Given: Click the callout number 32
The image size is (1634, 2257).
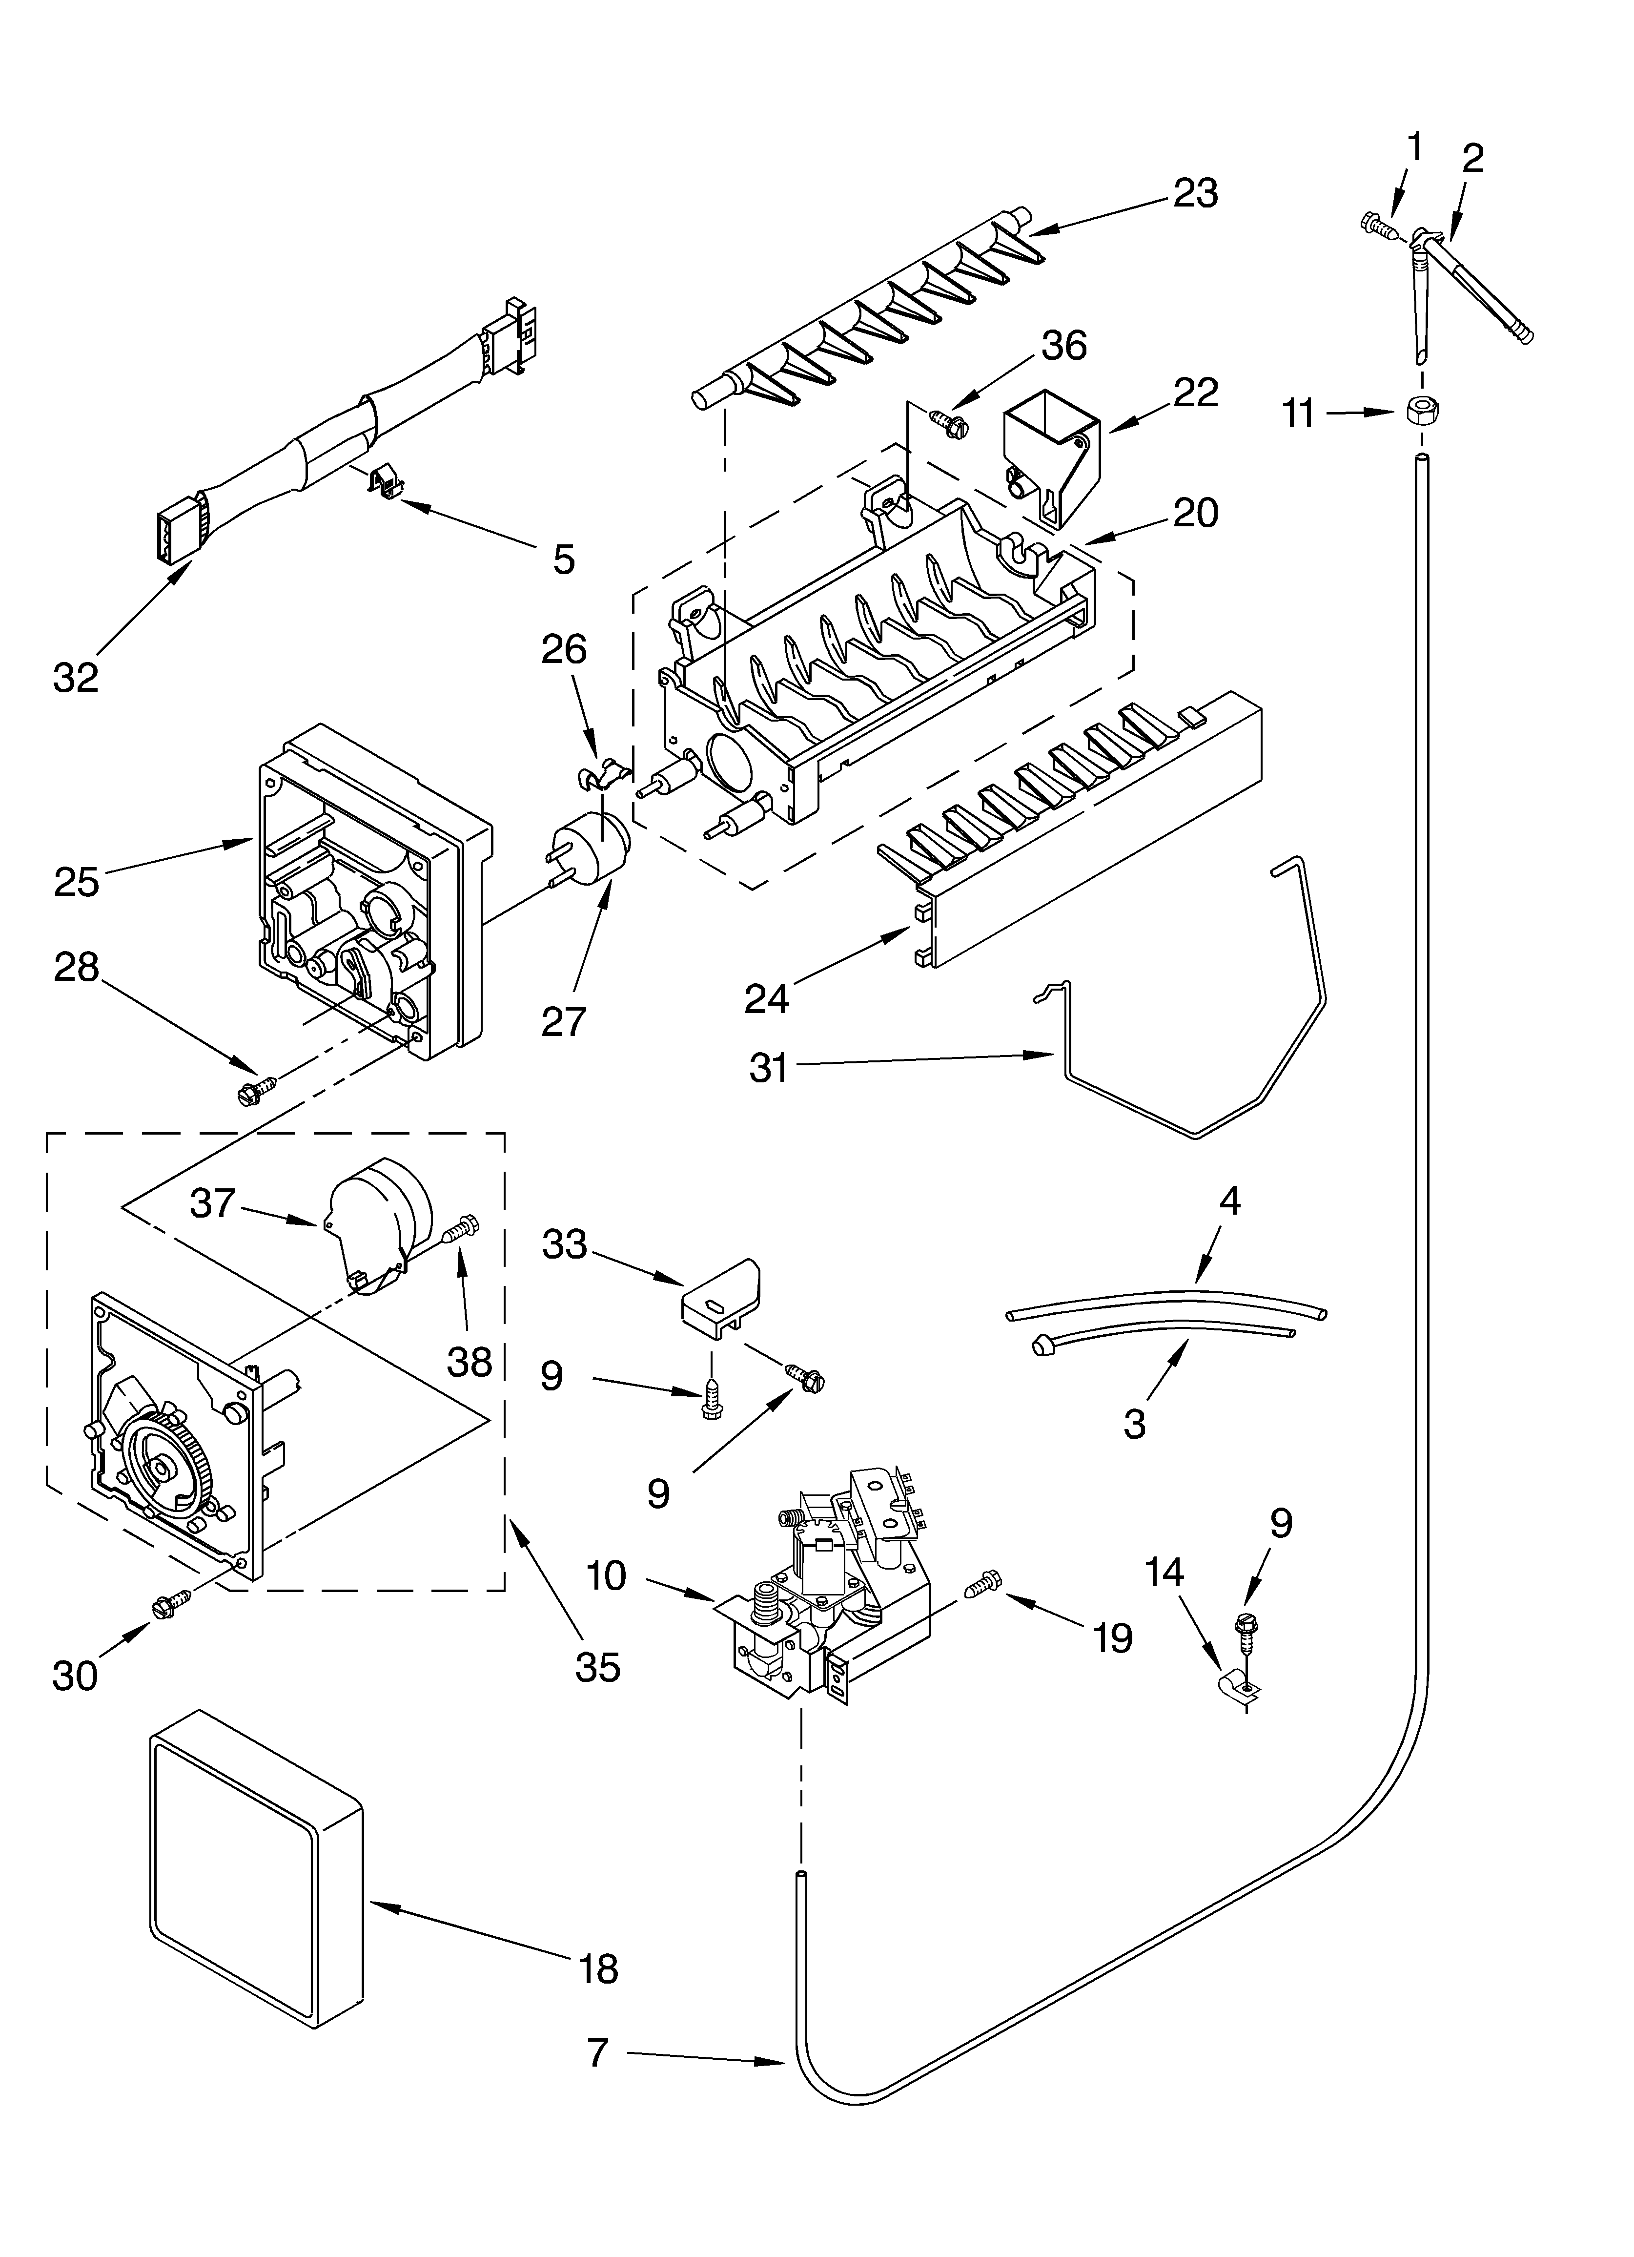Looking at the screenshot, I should (x=76, y=678).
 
